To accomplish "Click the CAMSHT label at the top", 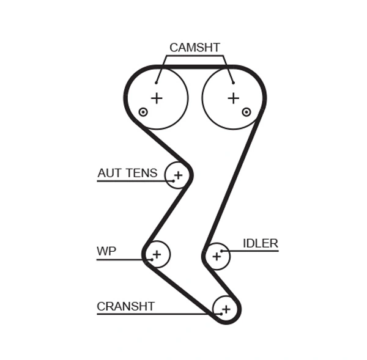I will click(195, 47).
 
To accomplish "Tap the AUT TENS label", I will click(127, 173).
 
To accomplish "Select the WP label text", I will click(106, 251).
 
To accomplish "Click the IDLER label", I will click(260, 243).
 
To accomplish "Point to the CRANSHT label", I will click(125, 306).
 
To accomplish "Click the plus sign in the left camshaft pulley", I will click(157, 98).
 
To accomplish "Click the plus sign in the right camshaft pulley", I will click(233, 98).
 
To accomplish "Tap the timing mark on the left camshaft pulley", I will click(143, 112).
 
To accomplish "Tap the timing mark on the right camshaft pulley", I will click(247, 111).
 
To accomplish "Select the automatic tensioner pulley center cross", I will click(178, 176).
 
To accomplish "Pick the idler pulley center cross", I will click(216, 257).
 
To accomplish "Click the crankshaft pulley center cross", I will click(226, 309).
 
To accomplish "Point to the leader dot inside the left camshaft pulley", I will click(157, 83).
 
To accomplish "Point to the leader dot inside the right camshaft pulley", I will click(233, 83).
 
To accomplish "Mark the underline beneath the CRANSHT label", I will click(153, 314).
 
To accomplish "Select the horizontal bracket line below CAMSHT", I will click(195, 56).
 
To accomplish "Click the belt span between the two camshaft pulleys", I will click(195, 65).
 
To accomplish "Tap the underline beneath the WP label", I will click(119, 260).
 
